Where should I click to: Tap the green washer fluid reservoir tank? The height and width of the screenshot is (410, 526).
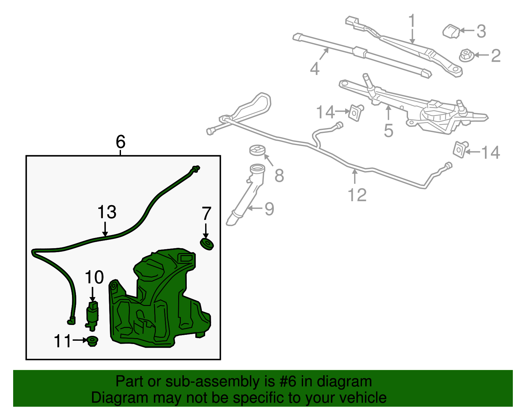(x=160, y=300)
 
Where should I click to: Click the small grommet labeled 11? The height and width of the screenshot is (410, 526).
(x=92, y=341)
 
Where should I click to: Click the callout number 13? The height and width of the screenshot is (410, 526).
(x=107, y=212)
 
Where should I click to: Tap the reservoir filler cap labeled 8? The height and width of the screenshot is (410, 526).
(x=257, y=150)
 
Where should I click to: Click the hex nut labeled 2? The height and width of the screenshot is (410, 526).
(x=466, y=55)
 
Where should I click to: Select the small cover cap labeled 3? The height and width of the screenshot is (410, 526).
(x=451, y=31)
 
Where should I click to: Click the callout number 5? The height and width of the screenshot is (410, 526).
(x=389, y=130)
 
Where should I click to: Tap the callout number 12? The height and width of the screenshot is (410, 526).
(x=357, y=195)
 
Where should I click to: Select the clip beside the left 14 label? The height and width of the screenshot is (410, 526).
(x=355, y=113)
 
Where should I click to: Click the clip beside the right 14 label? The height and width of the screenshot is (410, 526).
(x=460, y=150)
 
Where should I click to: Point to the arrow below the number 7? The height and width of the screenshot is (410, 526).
(x=205, y=231)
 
